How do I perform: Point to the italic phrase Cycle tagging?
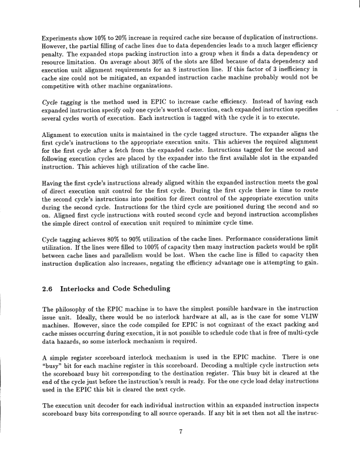[x=61, y=102]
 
